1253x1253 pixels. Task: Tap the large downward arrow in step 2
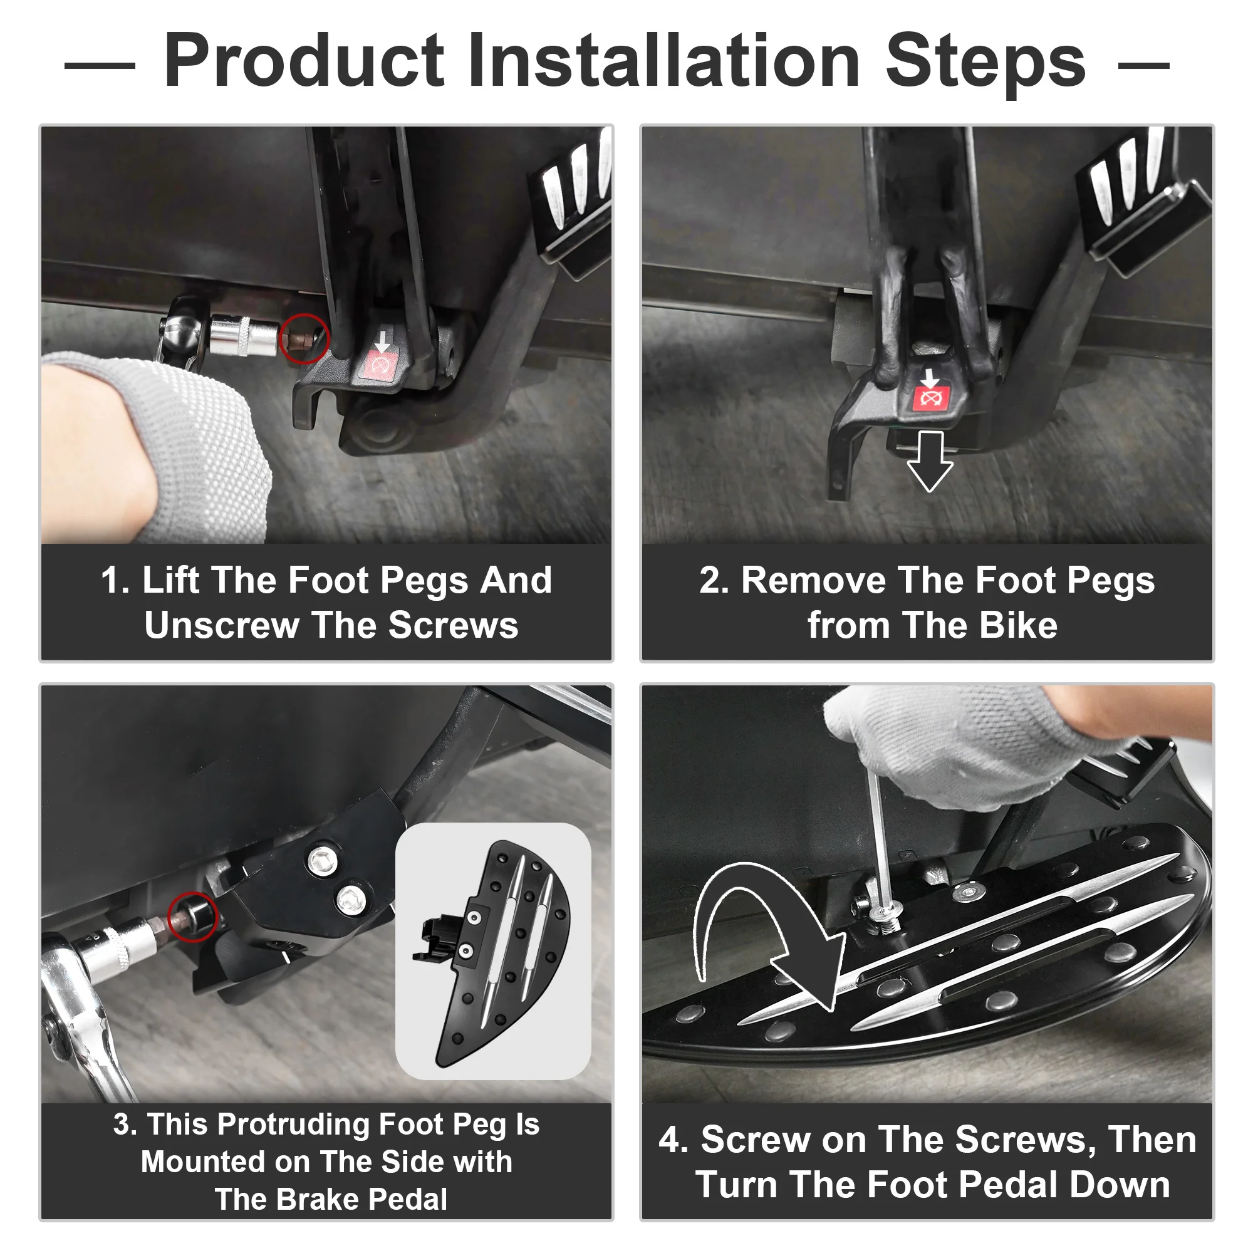click(930, 462)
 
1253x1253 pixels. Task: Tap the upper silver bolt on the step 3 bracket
click(321, 861)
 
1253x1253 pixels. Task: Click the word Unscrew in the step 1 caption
click(221, 626)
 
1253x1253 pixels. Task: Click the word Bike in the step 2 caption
click(1018, 626)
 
